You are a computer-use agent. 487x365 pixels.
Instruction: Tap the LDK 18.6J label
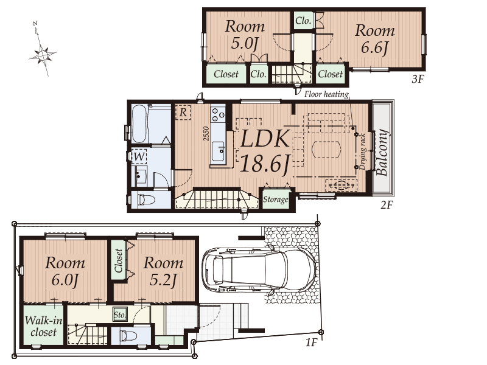265,151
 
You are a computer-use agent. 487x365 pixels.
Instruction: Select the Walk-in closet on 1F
43,325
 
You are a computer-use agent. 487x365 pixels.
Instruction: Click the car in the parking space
259,269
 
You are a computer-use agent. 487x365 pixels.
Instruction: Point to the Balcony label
382,153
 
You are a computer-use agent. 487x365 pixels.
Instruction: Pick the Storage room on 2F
276,199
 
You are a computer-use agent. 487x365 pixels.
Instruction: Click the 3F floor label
418,79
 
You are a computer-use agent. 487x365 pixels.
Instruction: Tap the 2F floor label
387,204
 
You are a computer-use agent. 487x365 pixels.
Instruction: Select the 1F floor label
312,342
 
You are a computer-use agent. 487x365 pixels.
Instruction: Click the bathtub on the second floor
140,124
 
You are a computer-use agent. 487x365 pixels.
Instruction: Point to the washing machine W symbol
139,157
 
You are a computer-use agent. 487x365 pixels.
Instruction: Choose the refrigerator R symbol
183,112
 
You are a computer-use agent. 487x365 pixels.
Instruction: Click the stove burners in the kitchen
218,114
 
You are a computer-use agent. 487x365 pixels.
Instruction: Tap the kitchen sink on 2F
218,151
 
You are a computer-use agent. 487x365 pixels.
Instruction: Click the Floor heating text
326,94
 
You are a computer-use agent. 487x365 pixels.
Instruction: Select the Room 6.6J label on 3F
374,40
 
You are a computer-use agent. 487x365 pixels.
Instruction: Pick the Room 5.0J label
245,35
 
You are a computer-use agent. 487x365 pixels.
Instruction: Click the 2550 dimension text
206,133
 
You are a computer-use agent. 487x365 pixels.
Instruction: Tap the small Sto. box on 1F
120,315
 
